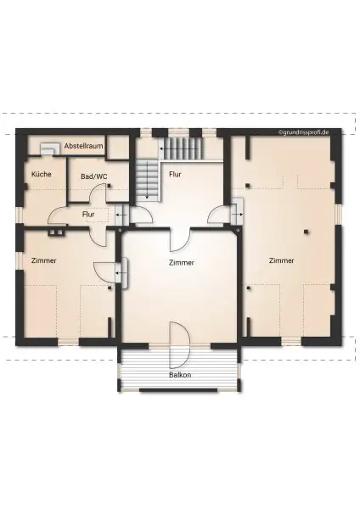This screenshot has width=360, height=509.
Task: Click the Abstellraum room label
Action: coord(83,146)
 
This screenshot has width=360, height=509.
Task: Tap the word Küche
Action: coord(41,174)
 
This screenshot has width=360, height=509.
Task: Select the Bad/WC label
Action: coord(94,176)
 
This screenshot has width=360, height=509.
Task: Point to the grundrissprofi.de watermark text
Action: coord(308,133)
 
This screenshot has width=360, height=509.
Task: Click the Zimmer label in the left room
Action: coord(43,260)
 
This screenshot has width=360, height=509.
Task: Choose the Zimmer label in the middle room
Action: coord(181,263)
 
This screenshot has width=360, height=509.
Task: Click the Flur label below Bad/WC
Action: coord(88,215)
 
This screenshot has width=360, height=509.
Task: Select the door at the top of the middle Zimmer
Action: coord(180,239)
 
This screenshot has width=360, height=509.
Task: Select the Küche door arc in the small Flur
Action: coord(59,218)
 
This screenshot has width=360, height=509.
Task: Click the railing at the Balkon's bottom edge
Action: coord(179,389)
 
